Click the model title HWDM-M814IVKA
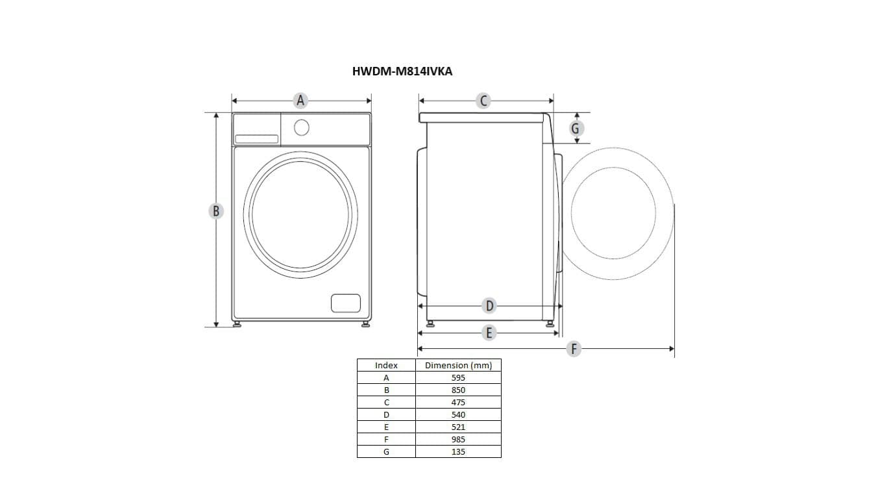coord(402,71)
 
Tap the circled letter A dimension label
coord(300,101)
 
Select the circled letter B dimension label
coord(216,211)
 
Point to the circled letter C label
coord(483,101)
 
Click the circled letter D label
coord(489,306)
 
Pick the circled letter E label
coord(489,333)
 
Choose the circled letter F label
coord(574,348)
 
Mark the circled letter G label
coord(576,129)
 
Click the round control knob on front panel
coord(302,128)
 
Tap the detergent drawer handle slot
coord(256,139)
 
